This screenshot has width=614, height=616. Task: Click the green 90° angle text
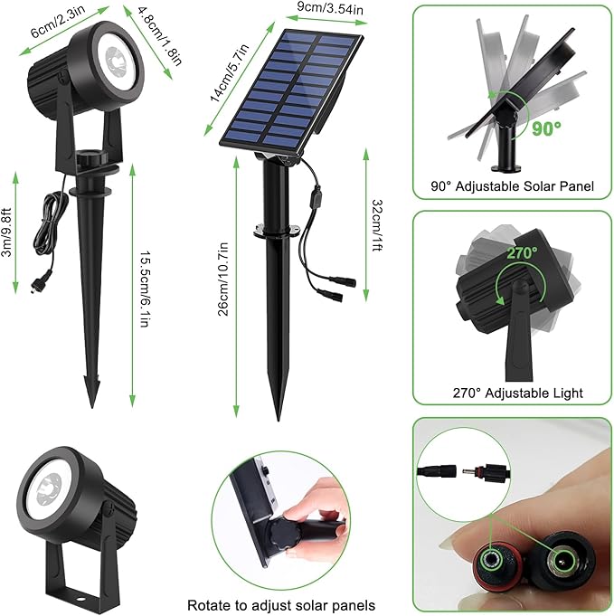pos(547,127)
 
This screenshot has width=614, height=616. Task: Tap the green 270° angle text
pos(522,252)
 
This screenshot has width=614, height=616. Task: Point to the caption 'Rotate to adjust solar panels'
pos(280,604)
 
